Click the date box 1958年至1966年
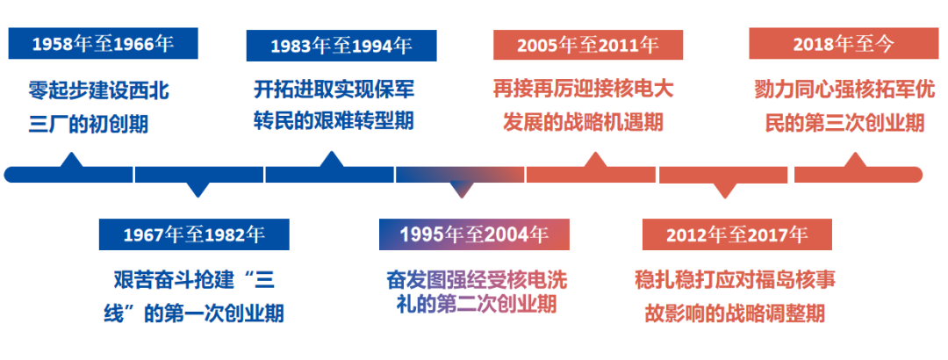(103, 44)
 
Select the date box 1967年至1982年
(194, 234)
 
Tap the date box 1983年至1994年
(341, 46)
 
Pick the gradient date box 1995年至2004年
(474, 234)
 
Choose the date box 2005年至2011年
(588, 44)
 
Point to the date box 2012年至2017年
(737, 234)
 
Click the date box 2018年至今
(844, 44)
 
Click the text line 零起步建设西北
(98, 91)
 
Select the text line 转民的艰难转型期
(334, 120)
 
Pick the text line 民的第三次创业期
(844, 122)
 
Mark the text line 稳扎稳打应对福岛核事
(736, 280)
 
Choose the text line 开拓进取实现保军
(334, 90)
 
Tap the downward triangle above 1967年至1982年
(197, 190)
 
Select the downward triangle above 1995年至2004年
(463, 190)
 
